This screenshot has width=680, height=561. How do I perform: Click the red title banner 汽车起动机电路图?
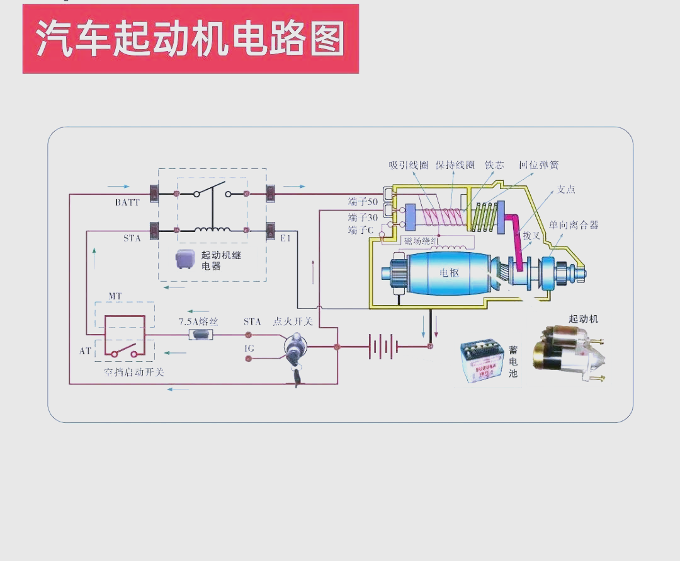190,39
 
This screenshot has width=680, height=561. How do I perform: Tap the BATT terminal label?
127,202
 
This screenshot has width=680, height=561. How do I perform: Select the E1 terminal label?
285,238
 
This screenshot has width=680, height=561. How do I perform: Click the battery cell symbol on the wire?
383,346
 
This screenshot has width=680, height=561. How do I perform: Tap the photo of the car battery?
482,361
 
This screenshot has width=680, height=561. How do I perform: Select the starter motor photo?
567,354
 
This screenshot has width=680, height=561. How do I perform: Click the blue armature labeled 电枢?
449,273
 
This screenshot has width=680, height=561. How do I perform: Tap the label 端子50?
363,202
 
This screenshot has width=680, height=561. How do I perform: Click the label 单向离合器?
574,224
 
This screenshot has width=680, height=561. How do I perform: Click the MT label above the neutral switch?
115,296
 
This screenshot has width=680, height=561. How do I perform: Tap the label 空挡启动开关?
133,372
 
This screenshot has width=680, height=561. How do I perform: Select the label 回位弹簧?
538,165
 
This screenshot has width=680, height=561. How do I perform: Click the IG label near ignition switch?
249,348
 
